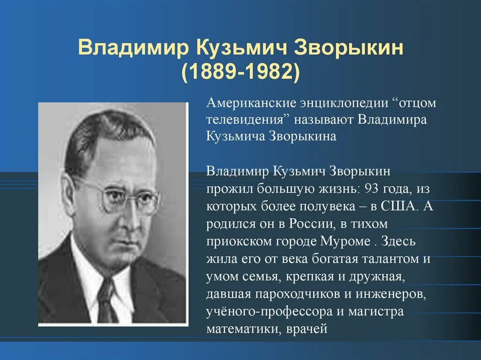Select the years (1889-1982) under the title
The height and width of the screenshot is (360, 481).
coord(240,71)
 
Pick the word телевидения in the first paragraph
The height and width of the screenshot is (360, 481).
coord(247,119)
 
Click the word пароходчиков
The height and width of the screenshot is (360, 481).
coord(297,293)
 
